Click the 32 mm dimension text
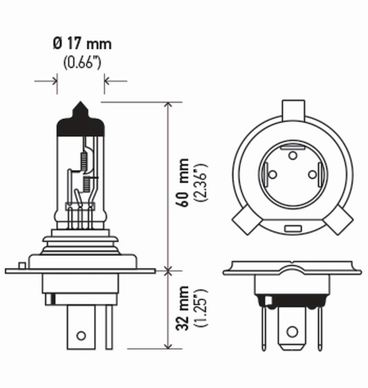click(x=183, y=308)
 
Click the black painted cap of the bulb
click(x=80, y=124)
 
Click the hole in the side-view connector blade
click(x=81, y=335)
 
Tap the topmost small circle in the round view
click(x=292, y=155)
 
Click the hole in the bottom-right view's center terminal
click(x=291, y=332)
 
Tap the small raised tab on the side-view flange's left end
click(x=21, y=265)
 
